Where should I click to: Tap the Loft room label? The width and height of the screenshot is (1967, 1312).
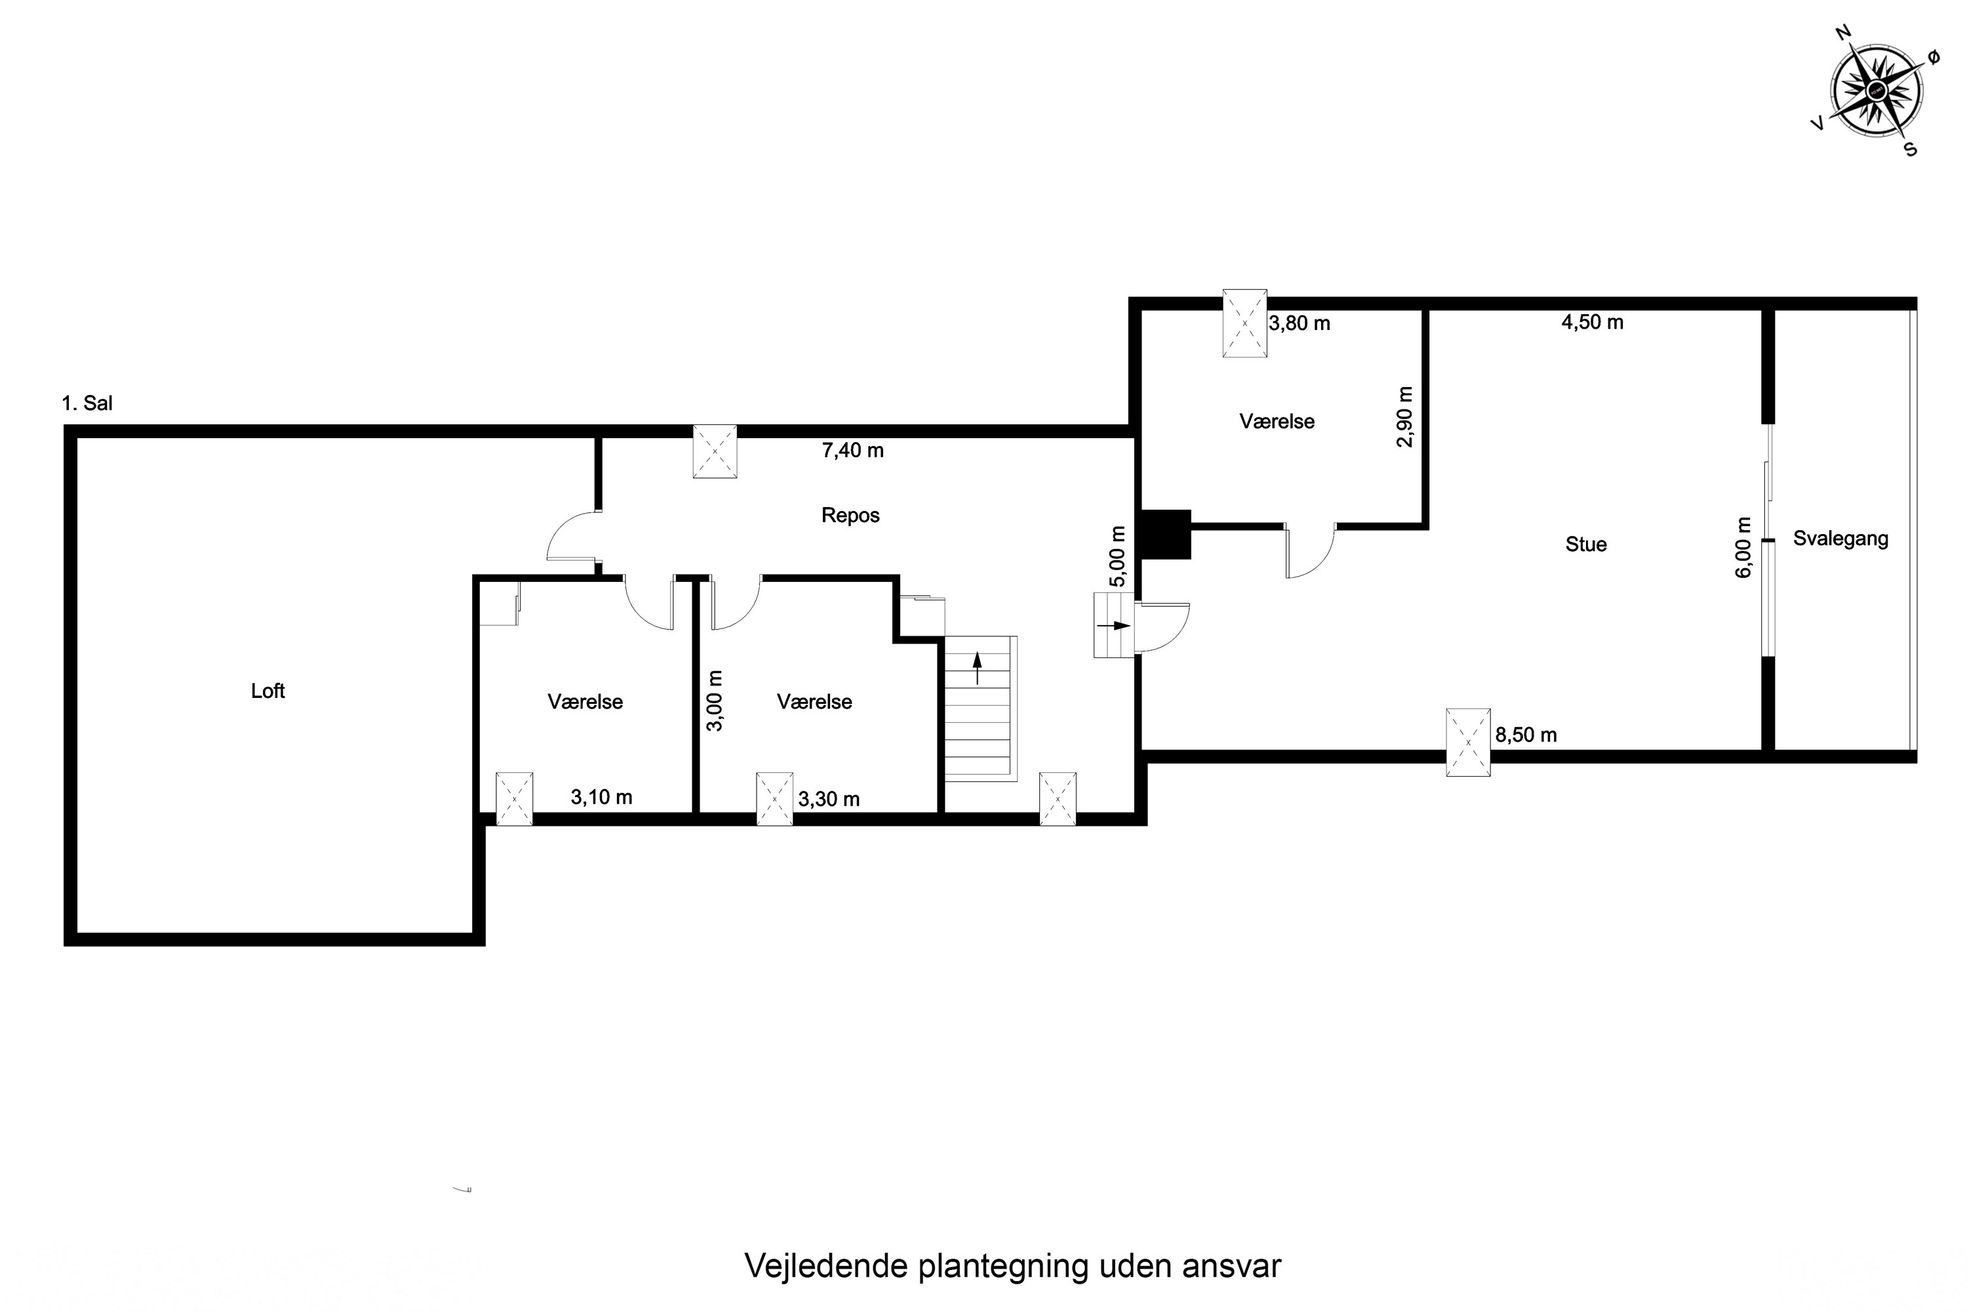point(268,691)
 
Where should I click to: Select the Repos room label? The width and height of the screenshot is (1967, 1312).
point(850,516)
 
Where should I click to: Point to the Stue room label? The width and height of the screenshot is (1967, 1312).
point(1585,544)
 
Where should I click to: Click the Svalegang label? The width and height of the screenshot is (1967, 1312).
point(1840,539)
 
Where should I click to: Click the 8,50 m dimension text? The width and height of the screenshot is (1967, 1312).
point(1526,735)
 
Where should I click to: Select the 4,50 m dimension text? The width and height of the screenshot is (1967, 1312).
point(1593,323)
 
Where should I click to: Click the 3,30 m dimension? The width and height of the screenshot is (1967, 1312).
point(829,799)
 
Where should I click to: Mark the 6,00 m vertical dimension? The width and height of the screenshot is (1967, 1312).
point(1743,547)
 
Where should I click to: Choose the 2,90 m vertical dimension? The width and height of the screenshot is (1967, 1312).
point(1404,417)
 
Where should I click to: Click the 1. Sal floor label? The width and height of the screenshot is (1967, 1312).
point(87,403)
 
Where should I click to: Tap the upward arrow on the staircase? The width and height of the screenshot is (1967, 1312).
point(977,668)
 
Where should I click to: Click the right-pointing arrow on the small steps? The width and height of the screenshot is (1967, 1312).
point(1114,625)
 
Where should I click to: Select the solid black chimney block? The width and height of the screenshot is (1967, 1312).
point(1166,535)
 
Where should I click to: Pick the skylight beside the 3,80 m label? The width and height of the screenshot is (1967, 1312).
point(1244,323)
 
